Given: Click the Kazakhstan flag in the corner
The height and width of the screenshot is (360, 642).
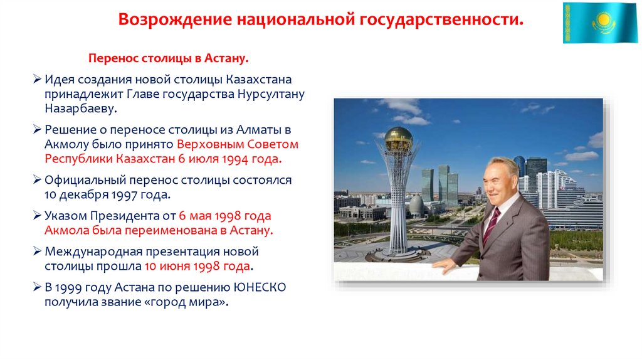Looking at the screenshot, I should tap(599, 23).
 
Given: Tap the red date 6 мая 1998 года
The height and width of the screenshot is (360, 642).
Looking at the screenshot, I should tap(225, 216).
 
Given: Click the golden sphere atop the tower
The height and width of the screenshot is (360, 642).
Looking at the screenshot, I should tap(398, 137).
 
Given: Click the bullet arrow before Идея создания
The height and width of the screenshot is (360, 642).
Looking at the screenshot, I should tap(38, 80).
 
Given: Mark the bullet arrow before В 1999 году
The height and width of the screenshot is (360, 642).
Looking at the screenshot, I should tap(38, 287).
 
